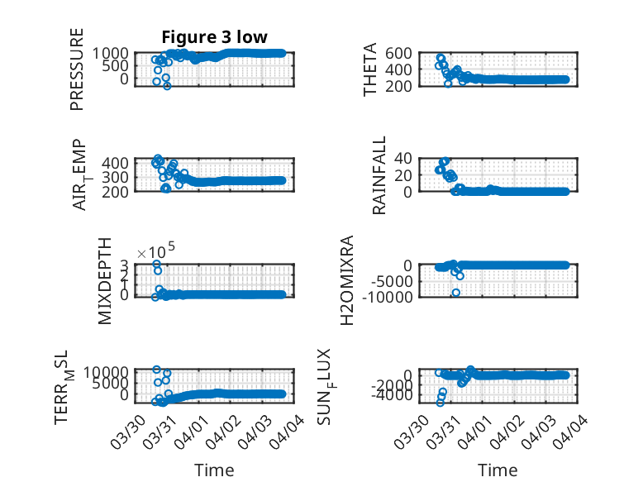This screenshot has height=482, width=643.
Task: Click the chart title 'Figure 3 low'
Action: pos(214,37)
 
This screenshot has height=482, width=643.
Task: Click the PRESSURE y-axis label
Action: pos(77,69)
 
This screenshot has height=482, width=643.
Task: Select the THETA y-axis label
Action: pos(371,69)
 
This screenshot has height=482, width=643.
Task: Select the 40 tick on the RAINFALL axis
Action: pos(403,158)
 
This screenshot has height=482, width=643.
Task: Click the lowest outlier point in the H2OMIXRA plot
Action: pos(456,292)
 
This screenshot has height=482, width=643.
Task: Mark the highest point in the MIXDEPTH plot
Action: pos(156,264)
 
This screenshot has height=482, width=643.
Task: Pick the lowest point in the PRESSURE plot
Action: pos(167,85)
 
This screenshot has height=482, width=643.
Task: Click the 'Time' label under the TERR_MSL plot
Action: pos(213,470)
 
